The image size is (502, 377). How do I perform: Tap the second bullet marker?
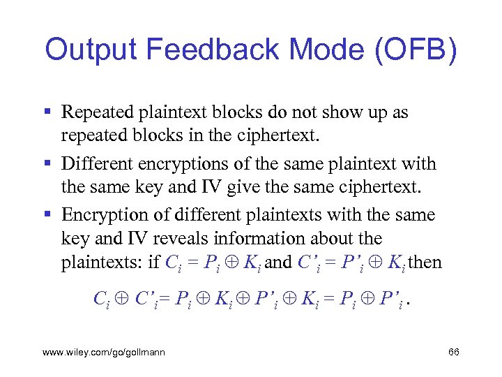click(47, 164)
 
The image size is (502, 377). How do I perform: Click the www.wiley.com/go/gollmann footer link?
click(104, 353)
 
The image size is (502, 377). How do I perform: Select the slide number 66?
click(453, 353)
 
